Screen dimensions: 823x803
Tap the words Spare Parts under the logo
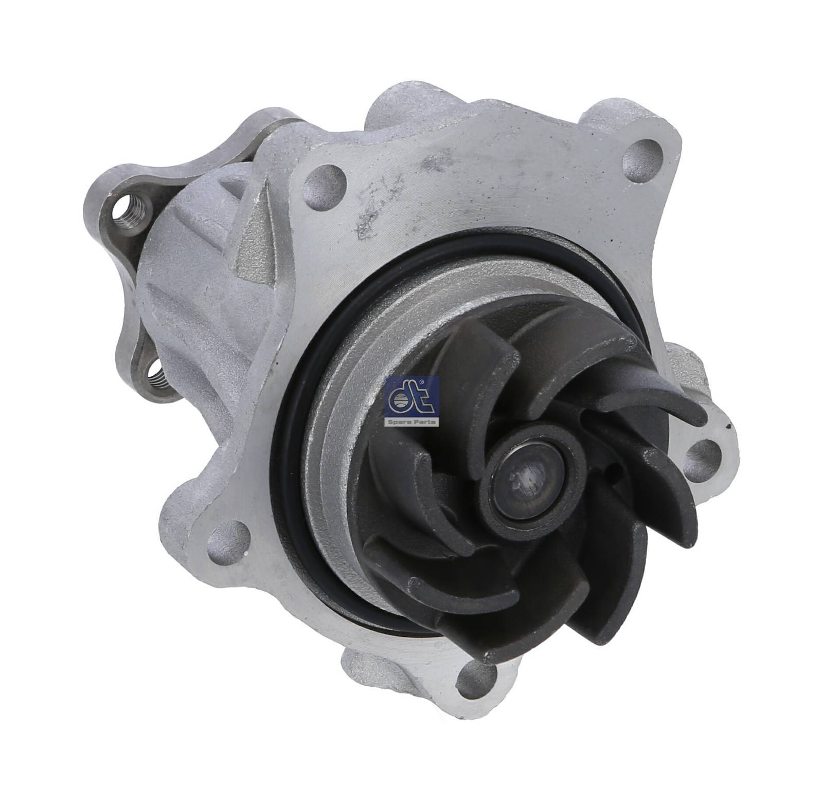pos(413,422)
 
